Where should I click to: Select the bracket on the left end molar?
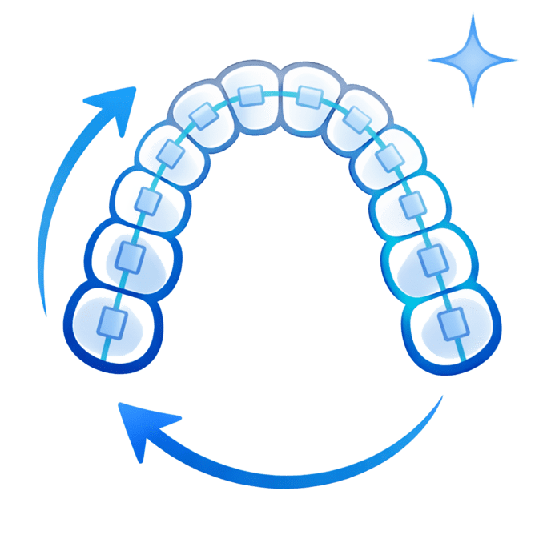point(112,322)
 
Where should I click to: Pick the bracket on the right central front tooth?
point(308,96)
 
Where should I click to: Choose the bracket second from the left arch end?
point(129,256)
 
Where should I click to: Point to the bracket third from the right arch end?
point(411,204)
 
